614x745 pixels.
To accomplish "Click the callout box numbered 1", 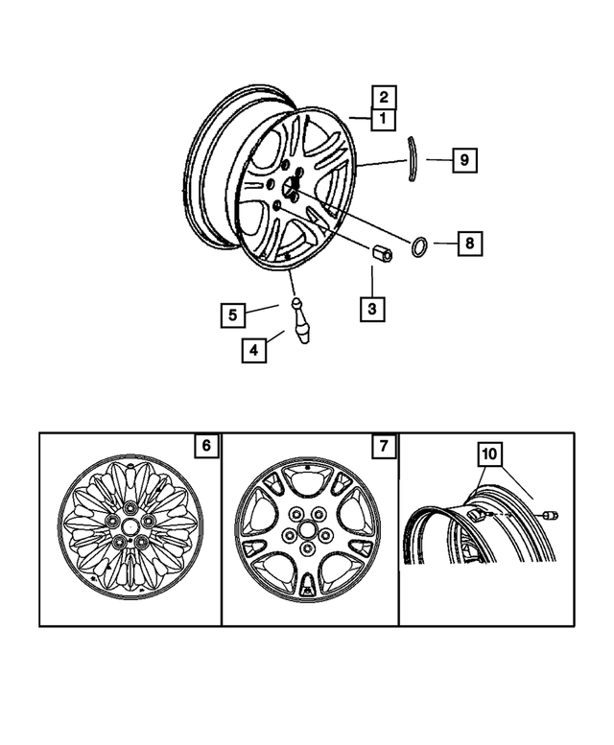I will (x=382, y=119).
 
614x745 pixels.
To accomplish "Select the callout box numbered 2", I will (x=382, y=96).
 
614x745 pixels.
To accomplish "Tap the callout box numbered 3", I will (x=372, y=310).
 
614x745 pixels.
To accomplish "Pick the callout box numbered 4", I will (x=253, y=350).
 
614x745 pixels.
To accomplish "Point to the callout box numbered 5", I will (x=231, y=313).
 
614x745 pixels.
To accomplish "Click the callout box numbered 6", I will (x=205, y=446).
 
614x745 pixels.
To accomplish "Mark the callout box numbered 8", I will (x=468, y=244).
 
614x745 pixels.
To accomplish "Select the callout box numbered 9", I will (x=463, y=159).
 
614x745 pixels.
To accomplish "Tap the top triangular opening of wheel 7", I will (x=307, y=474).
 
